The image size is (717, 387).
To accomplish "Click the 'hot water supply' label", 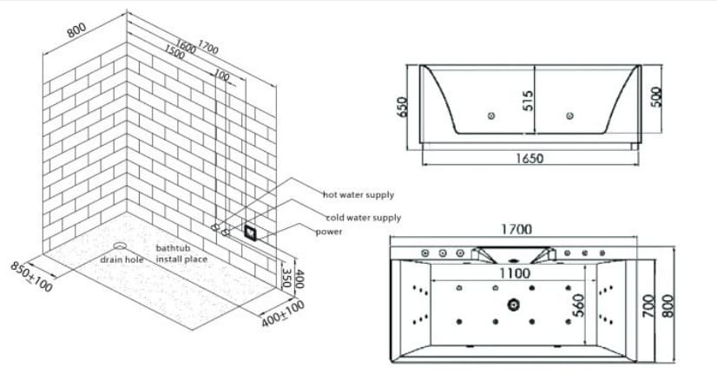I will [x=358, y=195].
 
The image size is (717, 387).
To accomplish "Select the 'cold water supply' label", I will [x=363, y=218].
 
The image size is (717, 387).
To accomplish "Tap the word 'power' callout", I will [x=328, y=232].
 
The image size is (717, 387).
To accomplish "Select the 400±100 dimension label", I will [x=284, y=314].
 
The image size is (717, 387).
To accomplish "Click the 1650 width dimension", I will [x=529, y=160].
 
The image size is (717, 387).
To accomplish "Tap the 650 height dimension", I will [x=401, y=106].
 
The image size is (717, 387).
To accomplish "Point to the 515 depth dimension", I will [x=527, y=102].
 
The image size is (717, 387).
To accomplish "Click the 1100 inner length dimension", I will [x=515, y=272].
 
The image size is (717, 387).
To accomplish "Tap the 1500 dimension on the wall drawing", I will [x=174, y=53].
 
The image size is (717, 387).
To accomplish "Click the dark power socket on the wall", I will [x=251, y=231].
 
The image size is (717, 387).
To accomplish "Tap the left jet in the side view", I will [x=491, y=116].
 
